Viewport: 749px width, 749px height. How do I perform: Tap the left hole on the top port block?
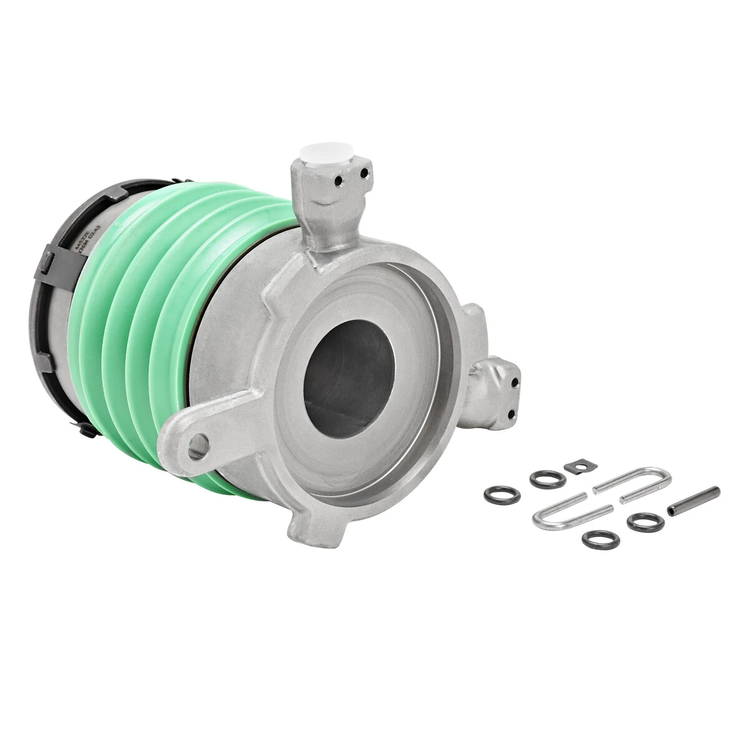pyautogui.click(x=338, y=180)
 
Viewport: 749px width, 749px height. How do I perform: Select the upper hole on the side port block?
pyautogui.click(x=514, y=383)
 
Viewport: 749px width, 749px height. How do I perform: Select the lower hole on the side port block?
pyautogui.click(x=511, y=414)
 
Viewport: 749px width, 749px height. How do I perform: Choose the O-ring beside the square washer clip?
pyautogui.click(x=547, y=479)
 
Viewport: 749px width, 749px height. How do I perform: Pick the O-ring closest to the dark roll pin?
pyautogui.click(x=645, y=521)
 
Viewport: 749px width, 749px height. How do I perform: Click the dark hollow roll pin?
pyautogui.click(x=693, y=501)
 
